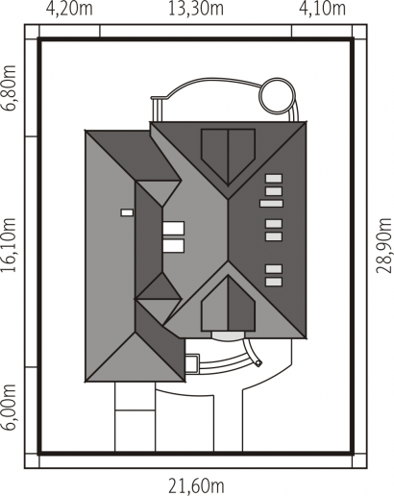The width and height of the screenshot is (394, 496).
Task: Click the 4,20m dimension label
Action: (69, 9)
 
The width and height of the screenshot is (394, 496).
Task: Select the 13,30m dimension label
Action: (196, 9)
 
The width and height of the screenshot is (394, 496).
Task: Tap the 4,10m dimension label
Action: (322, 9)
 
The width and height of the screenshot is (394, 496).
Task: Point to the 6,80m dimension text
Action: (9, 87)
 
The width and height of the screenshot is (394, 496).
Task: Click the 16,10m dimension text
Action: (9, 245)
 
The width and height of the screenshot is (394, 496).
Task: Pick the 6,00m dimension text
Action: (9, 407)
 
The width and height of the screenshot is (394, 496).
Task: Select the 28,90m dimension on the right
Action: (383, 245)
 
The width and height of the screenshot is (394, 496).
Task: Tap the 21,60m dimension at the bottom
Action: (196, 486)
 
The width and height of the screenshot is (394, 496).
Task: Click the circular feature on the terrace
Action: (277, 95)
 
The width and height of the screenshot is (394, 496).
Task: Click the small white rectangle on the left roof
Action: (127, 212)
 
